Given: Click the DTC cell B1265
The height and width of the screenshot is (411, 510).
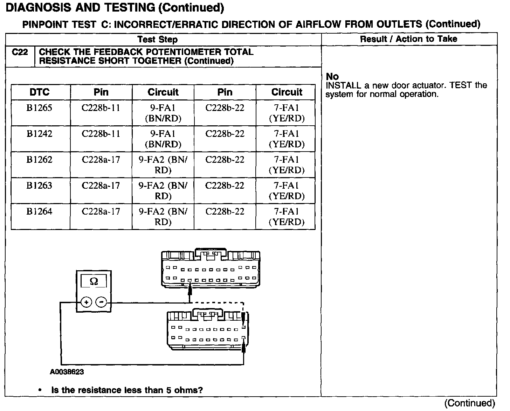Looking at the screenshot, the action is click(x=39, y=108).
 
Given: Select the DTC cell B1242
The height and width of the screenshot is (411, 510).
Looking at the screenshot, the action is click(x=39, y=134).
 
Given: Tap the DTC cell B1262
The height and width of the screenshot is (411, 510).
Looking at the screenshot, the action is click(x=39, y=160).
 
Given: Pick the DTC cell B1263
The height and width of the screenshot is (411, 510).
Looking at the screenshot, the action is click(x=39, y=186).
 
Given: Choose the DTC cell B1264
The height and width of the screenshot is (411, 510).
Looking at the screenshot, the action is click(x=39, y=211).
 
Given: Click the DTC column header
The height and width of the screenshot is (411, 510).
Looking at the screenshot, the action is click(x=40, y=92).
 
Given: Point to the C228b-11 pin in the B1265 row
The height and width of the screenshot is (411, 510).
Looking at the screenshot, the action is click(x=101, y=108).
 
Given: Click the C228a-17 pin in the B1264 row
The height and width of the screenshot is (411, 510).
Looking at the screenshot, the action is click(x=101, y=211).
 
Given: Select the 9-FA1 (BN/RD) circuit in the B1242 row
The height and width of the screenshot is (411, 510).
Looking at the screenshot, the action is click(x=163, y=139).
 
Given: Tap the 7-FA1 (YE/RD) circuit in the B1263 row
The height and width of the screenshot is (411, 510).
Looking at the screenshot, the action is click(x=287, y=190).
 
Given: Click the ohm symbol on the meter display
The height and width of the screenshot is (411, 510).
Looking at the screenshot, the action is click(x=94, y=281).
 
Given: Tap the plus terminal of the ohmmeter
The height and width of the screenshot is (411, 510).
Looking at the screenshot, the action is click(x=86, y=302).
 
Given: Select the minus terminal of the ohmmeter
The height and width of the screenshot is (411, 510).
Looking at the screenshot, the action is click(x=101, y=302).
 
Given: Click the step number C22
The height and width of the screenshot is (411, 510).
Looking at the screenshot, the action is click(x=20, y=52).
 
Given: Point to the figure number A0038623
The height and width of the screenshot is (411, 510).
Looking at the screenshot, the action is click(x=67, y=372).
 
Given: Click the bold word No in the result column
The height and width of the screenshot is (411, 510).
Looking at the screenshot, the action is click(x=332, y=77).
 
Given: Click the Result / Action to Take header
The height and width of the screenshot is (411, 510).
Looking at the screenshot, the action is click(x=408, y=39).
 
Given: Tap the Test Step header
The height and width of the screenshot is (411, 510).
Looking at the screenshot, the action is click(x=157, y=39).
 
